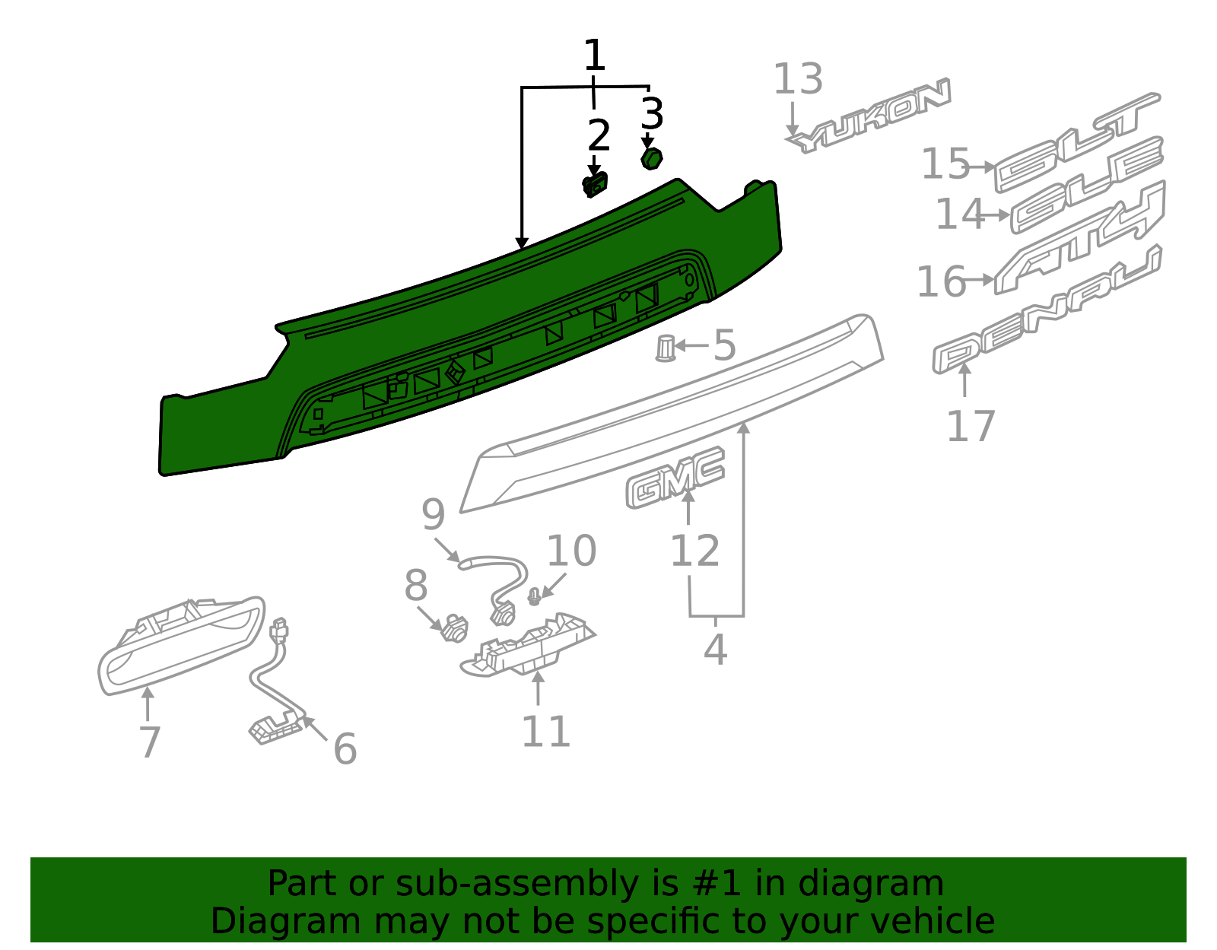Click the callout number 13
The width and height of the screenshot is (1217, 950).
[x=798, y=80]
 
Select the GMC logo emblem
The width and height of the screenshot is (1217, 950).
[x=675, y=478]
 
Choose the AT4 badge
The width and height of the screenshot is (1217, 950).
[x=1080, y=238]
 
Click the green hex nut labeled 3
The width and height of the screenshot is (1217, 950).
[x=651, y=159]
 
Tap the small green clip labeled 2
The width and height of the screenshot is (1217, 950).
[x=595, y=185]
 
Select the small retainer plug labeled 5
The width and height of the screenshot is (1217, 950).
[x=665, y=348]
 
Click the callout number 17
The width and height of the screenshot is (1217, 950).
[x=971, y=427]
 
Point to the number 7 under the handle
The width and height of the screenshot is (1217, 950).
[x=150, y=742]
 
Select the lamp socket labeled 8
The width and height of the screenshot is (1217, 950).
[x=455, y=628]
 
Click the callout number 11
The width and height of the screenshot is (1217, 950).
[x=545, y=732]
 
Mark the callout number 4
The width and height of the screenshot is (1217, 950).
[x=715, y=650]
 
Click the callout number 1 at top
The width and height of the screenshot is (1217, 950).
[x=594, y=56]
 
